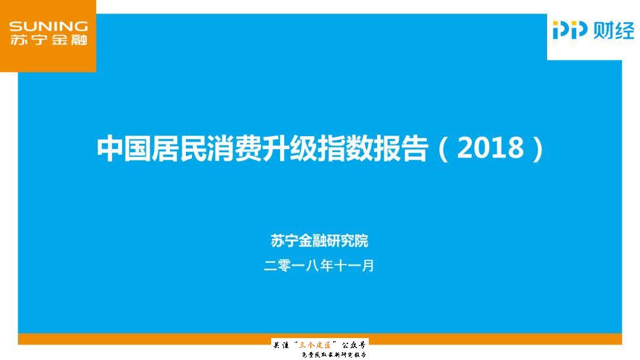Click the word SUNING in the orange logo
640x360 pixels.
pyautogui.click(x=49, y=27)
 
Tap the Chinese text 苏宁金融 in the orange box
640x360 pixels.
pyautogui.click(x=49, y=40)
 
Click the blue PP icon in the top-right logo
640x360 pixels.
pyautogui.click(x=570, y=30)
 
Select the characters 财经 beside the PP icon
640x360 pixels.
pyautogui.click(x=613, y=30)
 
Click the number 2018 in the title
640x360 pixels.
pyautogui.click(x=491, y=149)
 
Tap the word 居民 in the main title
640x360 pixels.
pyautogui.click(x=178, y=149)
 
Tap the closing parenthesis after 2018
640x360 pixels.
pyautogui.click(x=536, y=149)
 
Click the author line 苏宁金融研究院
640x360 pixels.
pyautogui.click(x=319, y=241)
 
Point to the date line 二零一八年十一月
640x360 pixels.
pyautogui.click(x=319, y=266)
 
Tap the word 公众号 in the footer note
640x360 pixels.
pyautogui.click(x=354, y=344)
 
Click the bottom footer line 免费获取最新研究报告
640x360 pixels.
pyautogui.click(x=335, y=354)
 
